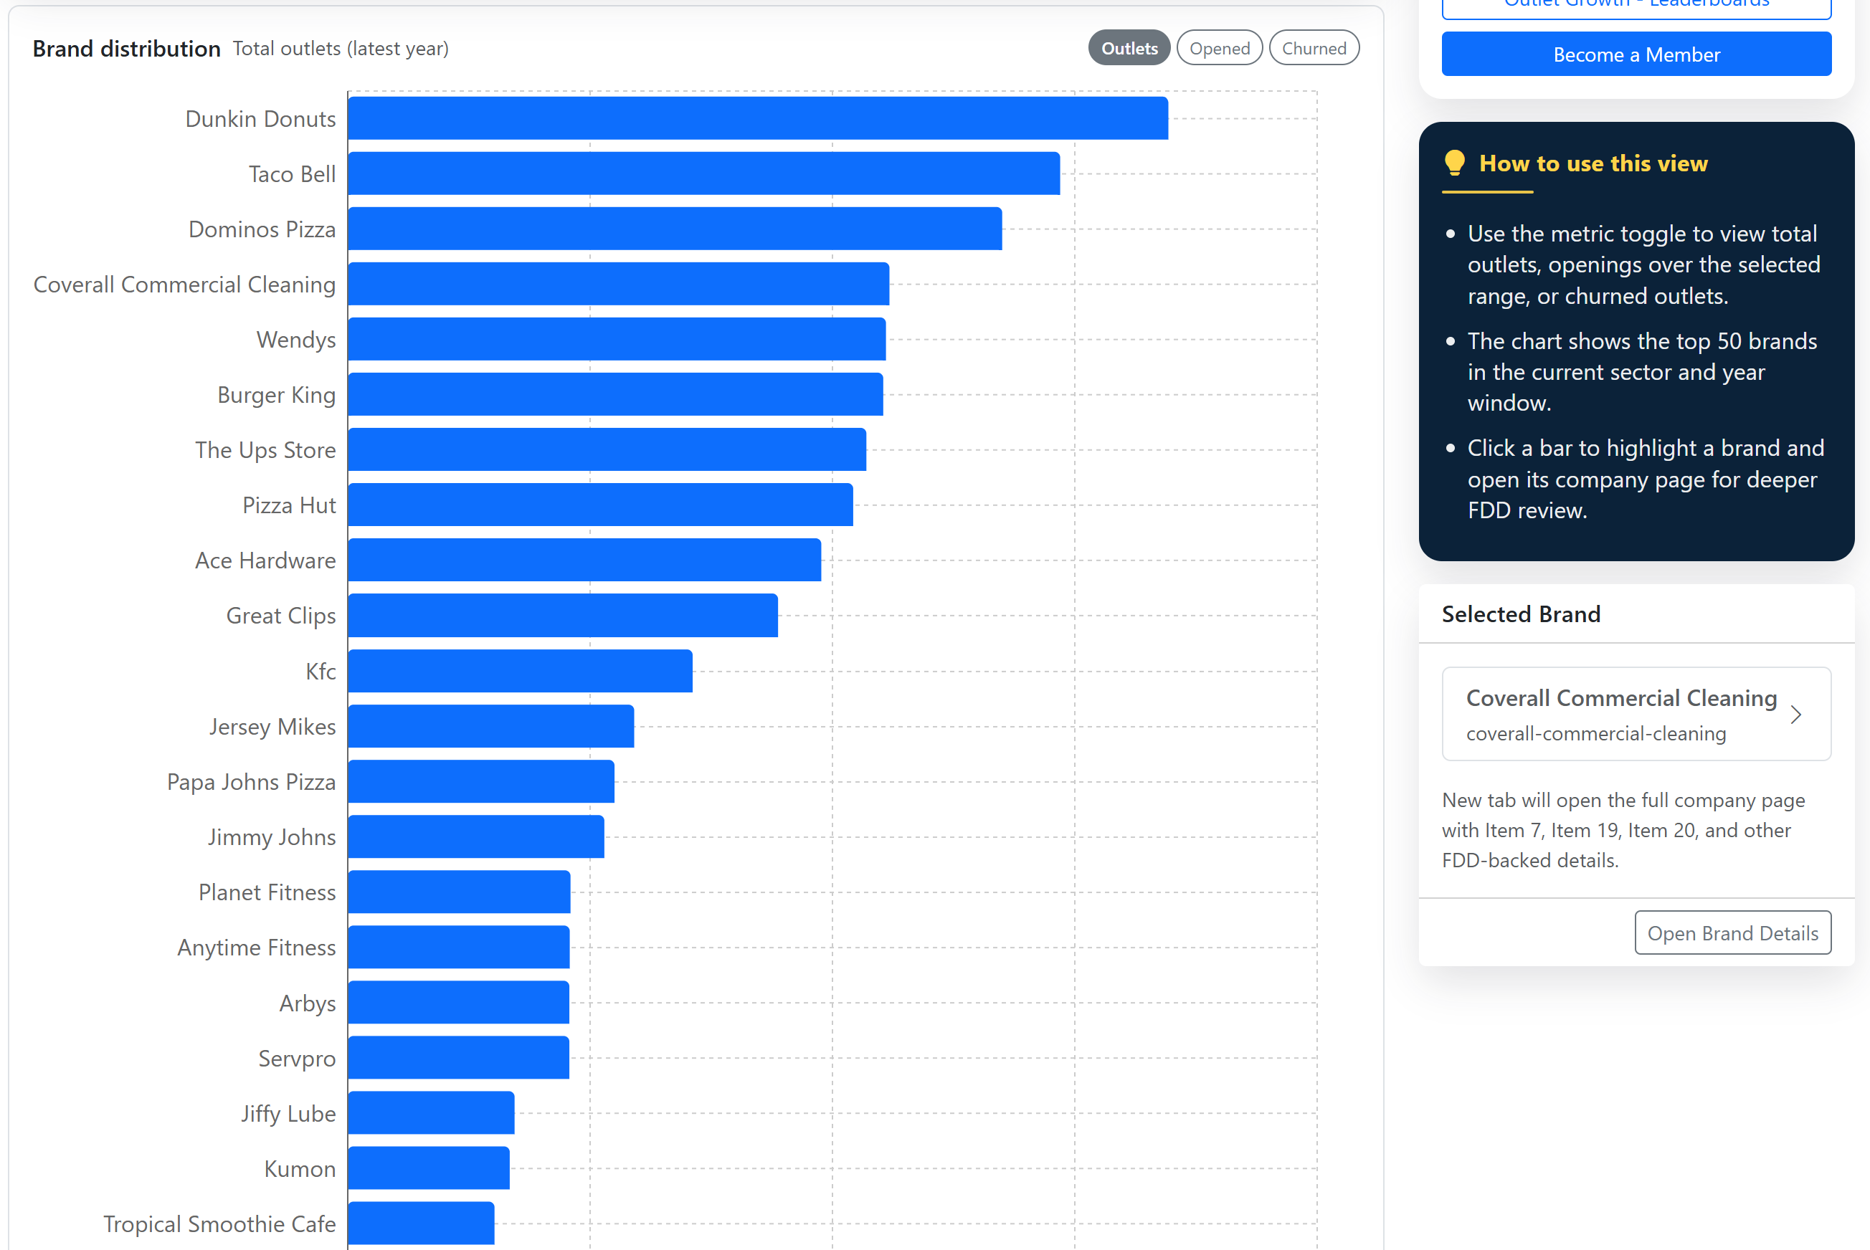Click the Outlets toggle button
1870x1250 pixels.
1129,49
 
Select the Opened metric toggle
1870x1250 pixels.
1218,49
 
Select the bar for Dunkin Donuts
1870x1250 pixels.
758,119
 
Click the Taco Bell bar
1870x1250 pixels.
703,173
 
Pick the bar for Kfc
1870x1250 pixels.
520,672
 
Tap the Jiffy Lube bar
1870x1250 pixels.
432,1113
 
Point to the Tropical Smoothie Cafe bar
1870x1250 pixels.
421,1223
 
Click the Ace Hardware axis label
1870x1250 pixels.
265,560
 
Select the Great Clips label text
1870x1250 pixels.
280,616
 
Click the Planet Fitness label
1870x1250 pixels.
267,892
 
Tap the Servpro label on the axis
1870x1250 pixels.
297,1059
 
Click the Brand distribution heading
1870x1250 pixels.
126,49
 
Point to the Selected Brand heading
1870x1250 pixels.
1520,614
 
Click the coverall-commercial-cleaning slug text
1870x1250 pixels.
1595,733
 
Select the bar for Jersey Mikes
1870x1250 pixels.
490,726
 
